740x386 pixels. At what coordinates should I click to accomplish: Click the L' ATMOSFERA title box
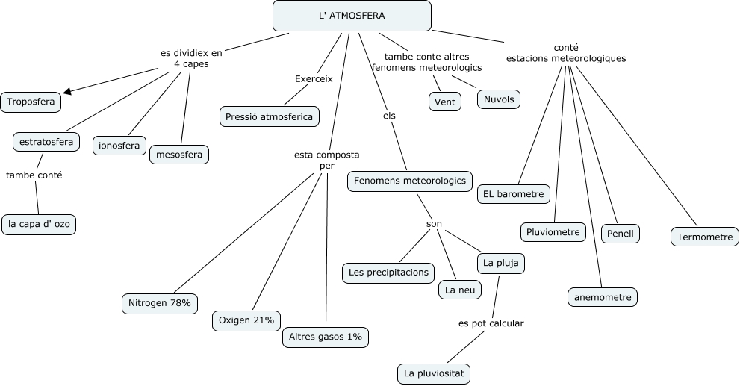click(x=352, y=16)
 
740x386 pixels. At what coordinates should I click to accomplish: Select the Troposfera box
click(x=31, y=102)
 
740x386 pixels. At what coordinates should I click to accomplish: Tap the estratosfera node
click(x=46, y=141)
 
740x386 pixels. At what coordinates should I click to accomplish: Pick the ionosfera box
click(x=119, y=146)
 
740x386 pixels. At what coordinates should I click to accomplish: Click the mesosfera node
click(x=179, y=155)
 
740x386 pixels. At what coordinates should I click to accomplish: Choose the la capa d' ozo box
click(x=39, y=223)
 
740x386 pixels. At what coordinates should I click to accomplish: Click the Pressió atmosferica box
click(x=270, y=116)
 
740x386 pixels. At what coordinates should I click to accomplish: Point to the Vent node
click(x=445, y=102)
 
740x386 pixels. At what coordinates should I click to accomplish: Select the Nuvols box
click(x=499, y=99)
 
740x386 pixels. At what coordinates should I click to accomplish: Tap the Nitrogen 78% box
click(x=160, y=302)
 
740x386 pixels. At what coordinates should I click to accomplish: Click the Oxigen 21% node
click(x=246, y=320)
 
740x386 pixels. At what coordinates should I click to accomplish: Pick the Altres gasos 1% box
click(x=326, y=337)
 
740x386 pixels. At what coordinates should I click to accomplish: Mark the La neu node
click(x=459, y=289)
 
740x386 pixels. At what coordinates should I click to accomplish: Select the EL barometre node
click(x=514, y=194)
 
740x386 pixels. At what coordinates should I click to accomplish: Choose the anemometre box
click(x=603, y=297)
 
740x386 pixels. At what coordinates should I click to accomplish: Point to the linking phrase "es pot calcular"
click(x=491, y=323)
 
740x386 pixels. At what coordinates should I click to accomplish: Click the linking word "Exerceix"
click(x=314, y=78)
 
